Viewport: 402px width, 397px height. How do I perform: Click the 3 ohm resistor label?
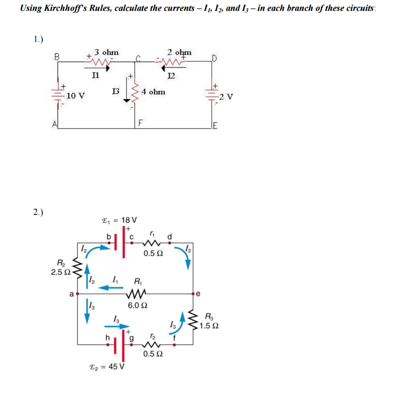coord(107,52)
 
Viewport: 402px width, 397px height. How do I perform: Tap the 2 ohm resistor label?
coord(179,52)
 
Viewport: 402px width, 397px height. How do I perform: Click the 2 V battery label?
coord(227,97)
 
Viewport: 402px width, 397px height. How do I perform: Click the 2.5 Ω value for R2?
coord(60,272)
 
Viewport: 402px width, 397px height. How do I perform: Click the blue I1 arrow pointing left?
coord(110,288)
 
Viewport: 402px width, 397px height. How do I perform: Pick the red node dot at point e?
coord(193,293)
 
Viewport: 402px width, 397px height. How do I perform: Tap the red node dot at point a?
coord(77,293)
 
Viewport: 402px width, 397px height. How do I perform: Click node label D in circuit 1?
coord(214,59)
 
